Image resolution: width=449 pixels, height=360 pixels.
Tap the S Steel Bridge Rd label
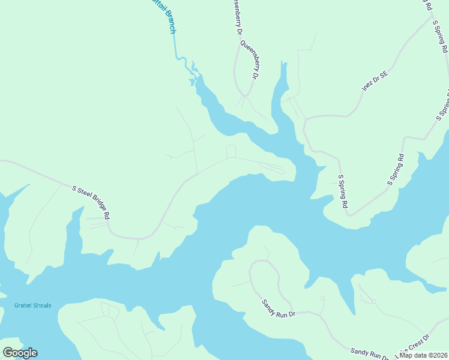pyautogui.click(x=91, y=201)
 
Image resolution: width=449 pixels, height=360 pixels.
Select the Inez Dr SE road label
pyautogui.click(x=375, y=82)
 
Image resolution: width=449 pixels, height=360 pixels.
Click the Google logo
pyautogui.click(x=20, y=353)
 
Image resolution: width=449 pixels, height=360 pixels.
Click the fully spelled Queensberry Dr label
pyautogui.click(x=249, y=60)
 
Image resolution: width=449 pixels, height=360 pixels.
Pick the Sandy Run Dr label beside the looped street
pyautogui.click(x=279, y=306)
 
